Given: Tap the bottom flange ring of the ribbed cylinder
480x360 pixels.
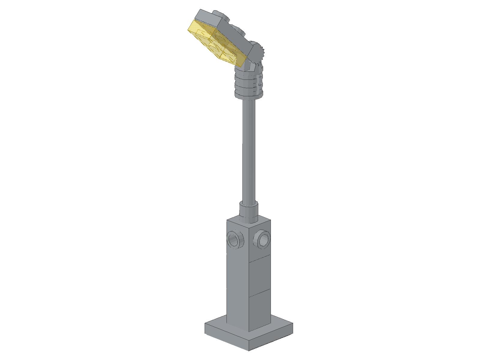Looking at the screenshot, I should [x=249, y=95].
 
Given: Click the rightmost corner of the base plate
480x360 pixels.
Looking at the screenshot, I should [x=292, y=324].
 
